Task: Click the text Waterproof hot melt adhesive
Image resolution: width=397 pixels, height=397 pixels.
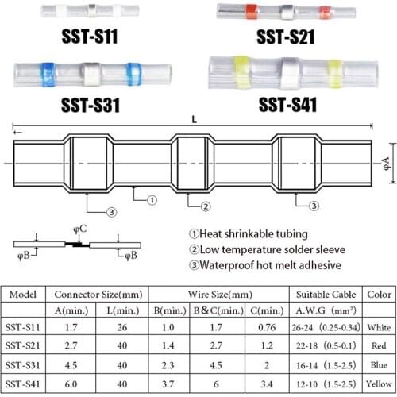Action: tap(273, 265)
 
